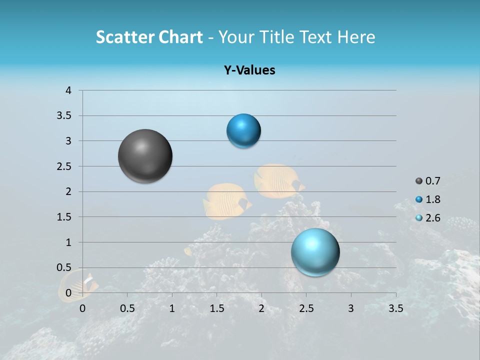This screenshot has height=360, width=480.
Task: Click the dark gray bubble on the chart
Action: tap(145, 156)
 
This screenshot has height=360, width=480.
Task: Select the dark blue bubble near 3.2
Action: tap(243, 131)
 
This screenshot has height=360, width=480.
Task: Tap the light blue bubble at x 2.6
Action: tap(315, 252)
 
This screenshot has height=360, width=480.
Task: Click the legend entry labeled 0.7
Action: tap(432, 181)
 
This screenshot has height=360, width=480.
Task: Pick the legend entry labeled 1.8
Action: tap(432, 199)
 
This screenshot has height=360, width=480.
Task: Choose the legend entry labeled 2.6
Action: tap(432, 218)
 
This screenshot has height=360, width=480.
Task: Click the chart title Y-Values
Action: tap(249, 70)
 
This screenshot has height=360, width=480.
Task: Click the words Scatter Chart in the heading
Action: tap(149, 37)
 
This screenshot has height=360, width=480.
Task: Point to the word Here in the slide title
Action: tap(356, 37)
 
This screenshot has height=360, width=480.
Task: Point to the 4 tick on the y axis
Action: tap(69, 90)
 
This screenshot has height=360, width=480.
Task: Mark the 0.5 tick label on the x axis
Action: tap(127, 308)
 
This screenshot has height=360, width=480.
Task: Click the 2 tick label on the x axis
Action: tap(261, 308)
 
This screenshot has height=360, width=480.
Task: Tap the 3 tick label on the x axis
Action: tap(351, 308)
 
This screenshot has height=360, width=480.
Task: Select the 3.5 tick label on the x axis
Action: tap(395, 308)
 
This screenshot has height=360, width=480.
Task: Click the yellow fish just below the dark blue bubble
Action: tap(277, 180)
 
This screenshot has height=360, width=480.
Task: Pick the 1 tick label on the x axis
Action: tap(172, 308)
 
